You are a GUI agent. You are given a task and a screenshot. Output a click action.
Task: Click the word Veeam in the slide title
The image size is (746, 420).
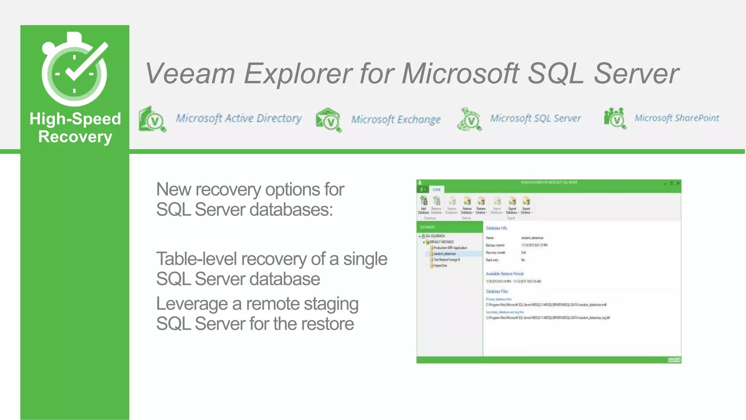pos(190,74)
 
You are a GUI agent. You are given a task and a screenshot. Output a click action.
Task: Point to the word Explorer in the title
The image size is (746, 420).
pos(298,74)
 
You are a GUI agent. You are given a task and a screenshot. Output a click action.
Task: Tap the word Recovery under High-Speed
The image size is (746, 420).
pos(75,137)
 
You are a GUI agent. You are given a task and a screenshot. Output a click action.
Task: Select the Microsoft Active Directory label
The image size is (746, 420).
pos(239,118)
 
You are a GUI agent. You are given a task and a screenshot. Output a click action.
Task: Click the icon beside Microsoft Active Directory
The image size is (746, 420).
pos(152,119)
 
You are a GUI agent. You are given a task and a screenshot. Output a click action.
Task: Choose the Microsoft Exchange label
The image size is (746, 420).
pos(396,120)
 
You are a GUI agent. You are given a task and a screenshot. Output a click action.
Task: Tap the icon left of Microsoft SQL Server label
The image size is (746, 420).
pos(469,119)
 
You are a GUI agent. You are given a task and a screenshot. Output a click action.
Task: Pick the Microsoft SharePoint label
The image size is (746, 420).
pos(676,118)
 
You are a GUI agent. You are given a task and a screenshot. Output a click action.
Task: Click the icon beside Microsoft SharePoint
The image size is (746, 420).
pos(615,118)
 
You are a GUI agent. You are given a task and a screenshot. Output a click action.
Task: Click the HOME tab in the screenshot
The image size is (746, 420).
pos(436,190)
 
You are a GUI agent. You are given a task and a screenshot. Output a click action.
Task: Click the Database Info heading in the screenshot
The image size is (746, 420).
pos(496,228)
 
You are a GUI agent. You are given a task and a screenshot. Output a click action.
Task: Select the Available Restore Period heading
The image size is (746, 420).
pos(504,274)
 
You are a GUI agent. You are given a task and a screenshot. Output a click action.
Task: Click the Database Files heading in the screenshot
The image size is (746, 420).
pos(496,292)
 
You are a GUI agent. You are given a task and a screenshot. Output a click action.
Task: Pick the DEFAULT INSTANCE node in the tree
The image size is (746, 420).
pos(441,242)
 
